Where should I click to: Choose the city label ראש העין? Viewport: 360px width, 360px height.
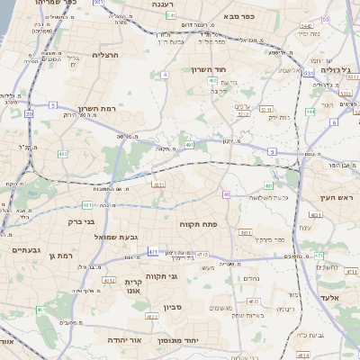[x=340, y=197]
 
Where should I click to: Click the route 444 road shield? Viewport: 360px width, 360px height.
[x=310, y=111]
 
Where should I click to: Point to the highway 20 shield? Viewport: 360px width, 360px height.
[x=29, y=113]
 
